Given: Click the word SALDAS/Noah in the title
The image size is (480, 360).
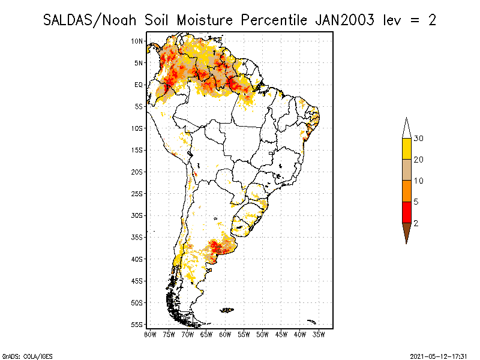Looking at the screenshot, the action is (89, 21).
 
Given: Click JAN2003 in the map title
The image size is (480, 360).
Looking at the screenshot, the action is (344, 20).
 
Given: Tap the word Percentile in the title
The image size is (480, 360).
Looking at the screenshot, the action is (274, 20).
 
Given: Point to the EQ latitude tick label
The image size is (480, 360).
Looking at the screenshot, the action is (139, 85).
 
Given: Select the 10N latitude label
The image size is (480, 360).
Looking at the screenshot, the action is (137, 41).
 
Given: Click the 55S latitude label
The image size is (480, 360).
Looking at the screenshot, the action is (137, 325).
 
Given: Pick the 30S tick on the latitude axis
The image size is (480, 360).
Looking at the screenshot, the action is (137, 215).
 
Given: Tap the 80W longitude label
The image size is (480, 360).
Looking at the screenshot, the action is (150, 335).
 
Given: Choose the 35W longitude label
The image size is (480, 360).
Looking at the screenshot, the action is (319, 335).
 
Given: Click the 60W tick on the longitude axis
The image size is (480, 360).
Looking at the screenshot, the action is (225, 335).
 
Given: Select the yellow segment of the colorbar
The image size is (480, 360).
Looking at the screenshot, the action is (407, 149).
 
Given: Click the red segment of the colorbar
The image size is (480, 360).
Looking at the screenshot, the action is (407, 212).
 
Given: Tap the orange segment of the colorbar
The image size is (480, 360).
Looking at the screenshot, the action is (407, 191).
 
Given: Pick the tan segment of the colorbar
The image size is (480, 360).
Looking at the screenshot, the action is (407, 170).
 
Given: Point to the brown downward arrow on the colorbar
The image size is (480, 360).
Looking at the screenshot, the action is (407, 232).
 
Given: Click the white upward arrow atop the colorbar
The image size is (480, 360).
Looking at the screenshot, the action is (407, 129).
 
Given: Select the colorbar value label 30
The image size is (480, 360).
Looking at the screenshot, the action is (418, 139).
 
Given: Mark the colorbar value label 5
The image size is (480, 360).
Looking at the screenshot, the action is (416, 202).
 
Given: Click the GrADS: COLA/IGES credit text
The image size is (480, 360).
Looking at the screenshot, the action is (27, 356).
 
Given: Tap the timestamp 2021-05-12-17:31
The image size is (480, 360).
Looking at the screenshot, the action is (439, 356).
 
